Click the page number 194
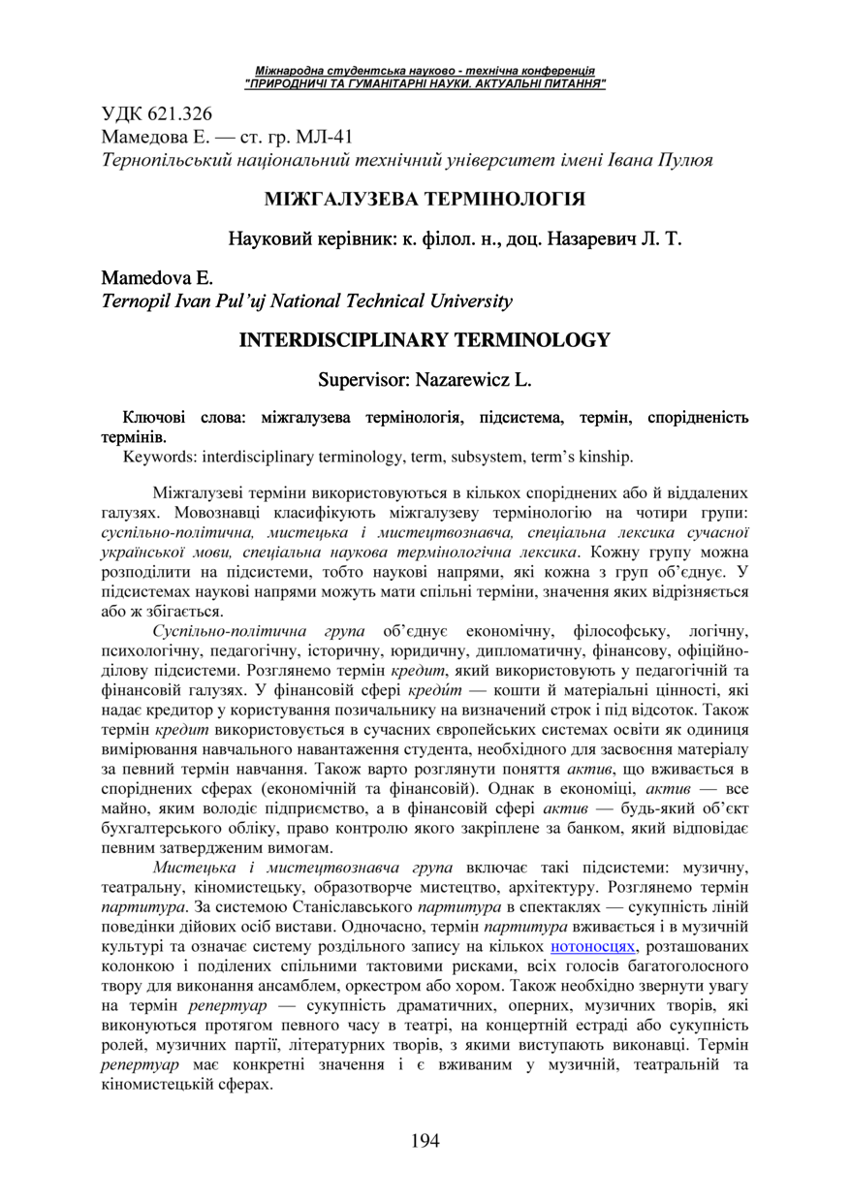pyautogui.click(x=425, y=1140)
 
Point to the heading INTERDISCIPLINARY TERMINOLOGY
pyautogui.click(x=425, y=340)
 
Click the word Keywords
pyautogui.click(x=155, y=456)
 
